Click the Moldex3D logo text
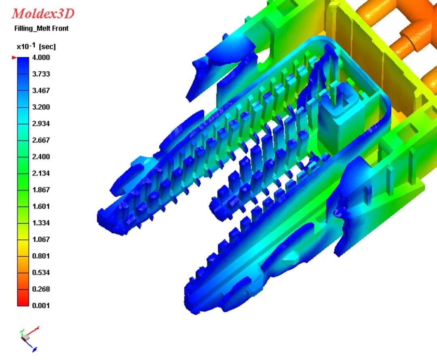[43, 14]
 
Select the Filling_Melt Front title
[41, 28]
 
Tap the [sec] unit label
[47, 47]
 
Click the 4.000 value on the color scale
[41, 57]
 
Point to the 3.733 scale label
[41, 74]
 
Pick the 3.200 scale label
[41, 107]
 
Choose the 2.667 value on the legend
[41, 140]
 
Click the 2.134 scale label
[41, 173]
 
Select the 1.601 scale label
[41, 206]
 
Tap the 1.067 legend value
[41, 239]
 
